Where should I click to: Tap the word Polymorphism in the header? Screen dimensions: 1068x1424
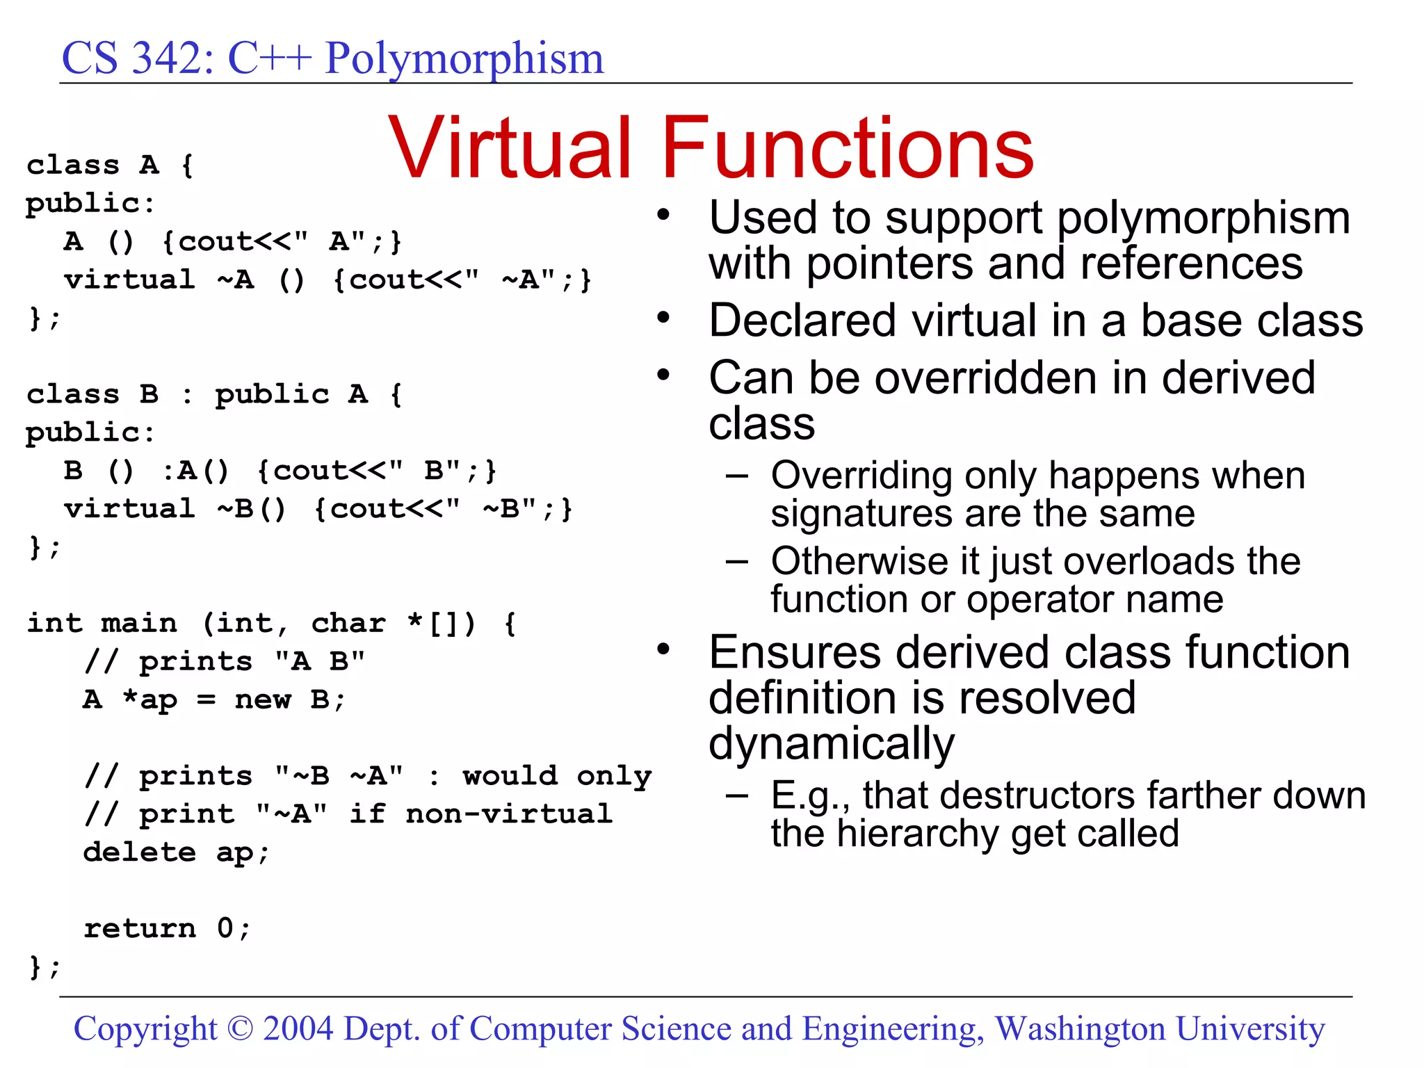point(464,58)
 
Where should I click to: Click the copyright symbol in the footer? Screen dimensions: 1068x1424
point(240,1028)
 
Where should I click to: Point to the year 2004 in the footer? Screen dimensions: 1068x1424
point(298,1028)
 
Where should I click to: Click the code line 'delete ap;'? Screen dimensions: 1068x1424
point(176,852)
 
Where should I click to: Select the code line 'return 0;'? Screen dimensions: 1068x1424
point(167,928)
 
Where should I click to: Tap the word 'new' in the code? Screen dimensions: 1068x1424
point(263,699)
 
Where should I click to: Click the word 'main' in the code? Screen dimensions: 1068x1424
point(139,623)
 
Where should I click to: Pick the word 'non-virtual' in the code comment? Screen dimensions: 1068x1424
point(509,814)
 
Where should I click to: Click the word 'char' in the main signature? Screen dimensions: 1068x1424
point(348,623)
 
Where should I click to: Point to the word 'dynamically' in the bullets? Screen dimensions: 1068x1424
point(832,744)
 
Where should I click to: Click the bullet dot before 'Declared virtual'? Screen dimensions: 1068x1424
point(664,318)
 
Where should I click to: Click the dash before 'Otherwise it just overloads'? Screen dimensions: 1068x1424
point(737,561)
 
